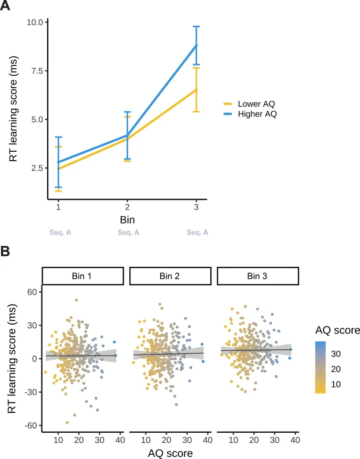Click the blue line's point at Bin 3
[x=196, y=46]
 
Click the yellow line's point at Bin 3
[x=196, y=90]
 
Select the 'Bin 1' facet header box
[x=83, y=276]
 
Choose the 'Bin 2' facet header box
[x=170, y=276]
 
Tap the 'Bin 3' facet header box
[x=258, y=276]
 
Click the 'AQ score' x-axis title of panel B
[x=170, y=452]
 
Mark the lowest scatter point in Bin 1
[x=67, y=422]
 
